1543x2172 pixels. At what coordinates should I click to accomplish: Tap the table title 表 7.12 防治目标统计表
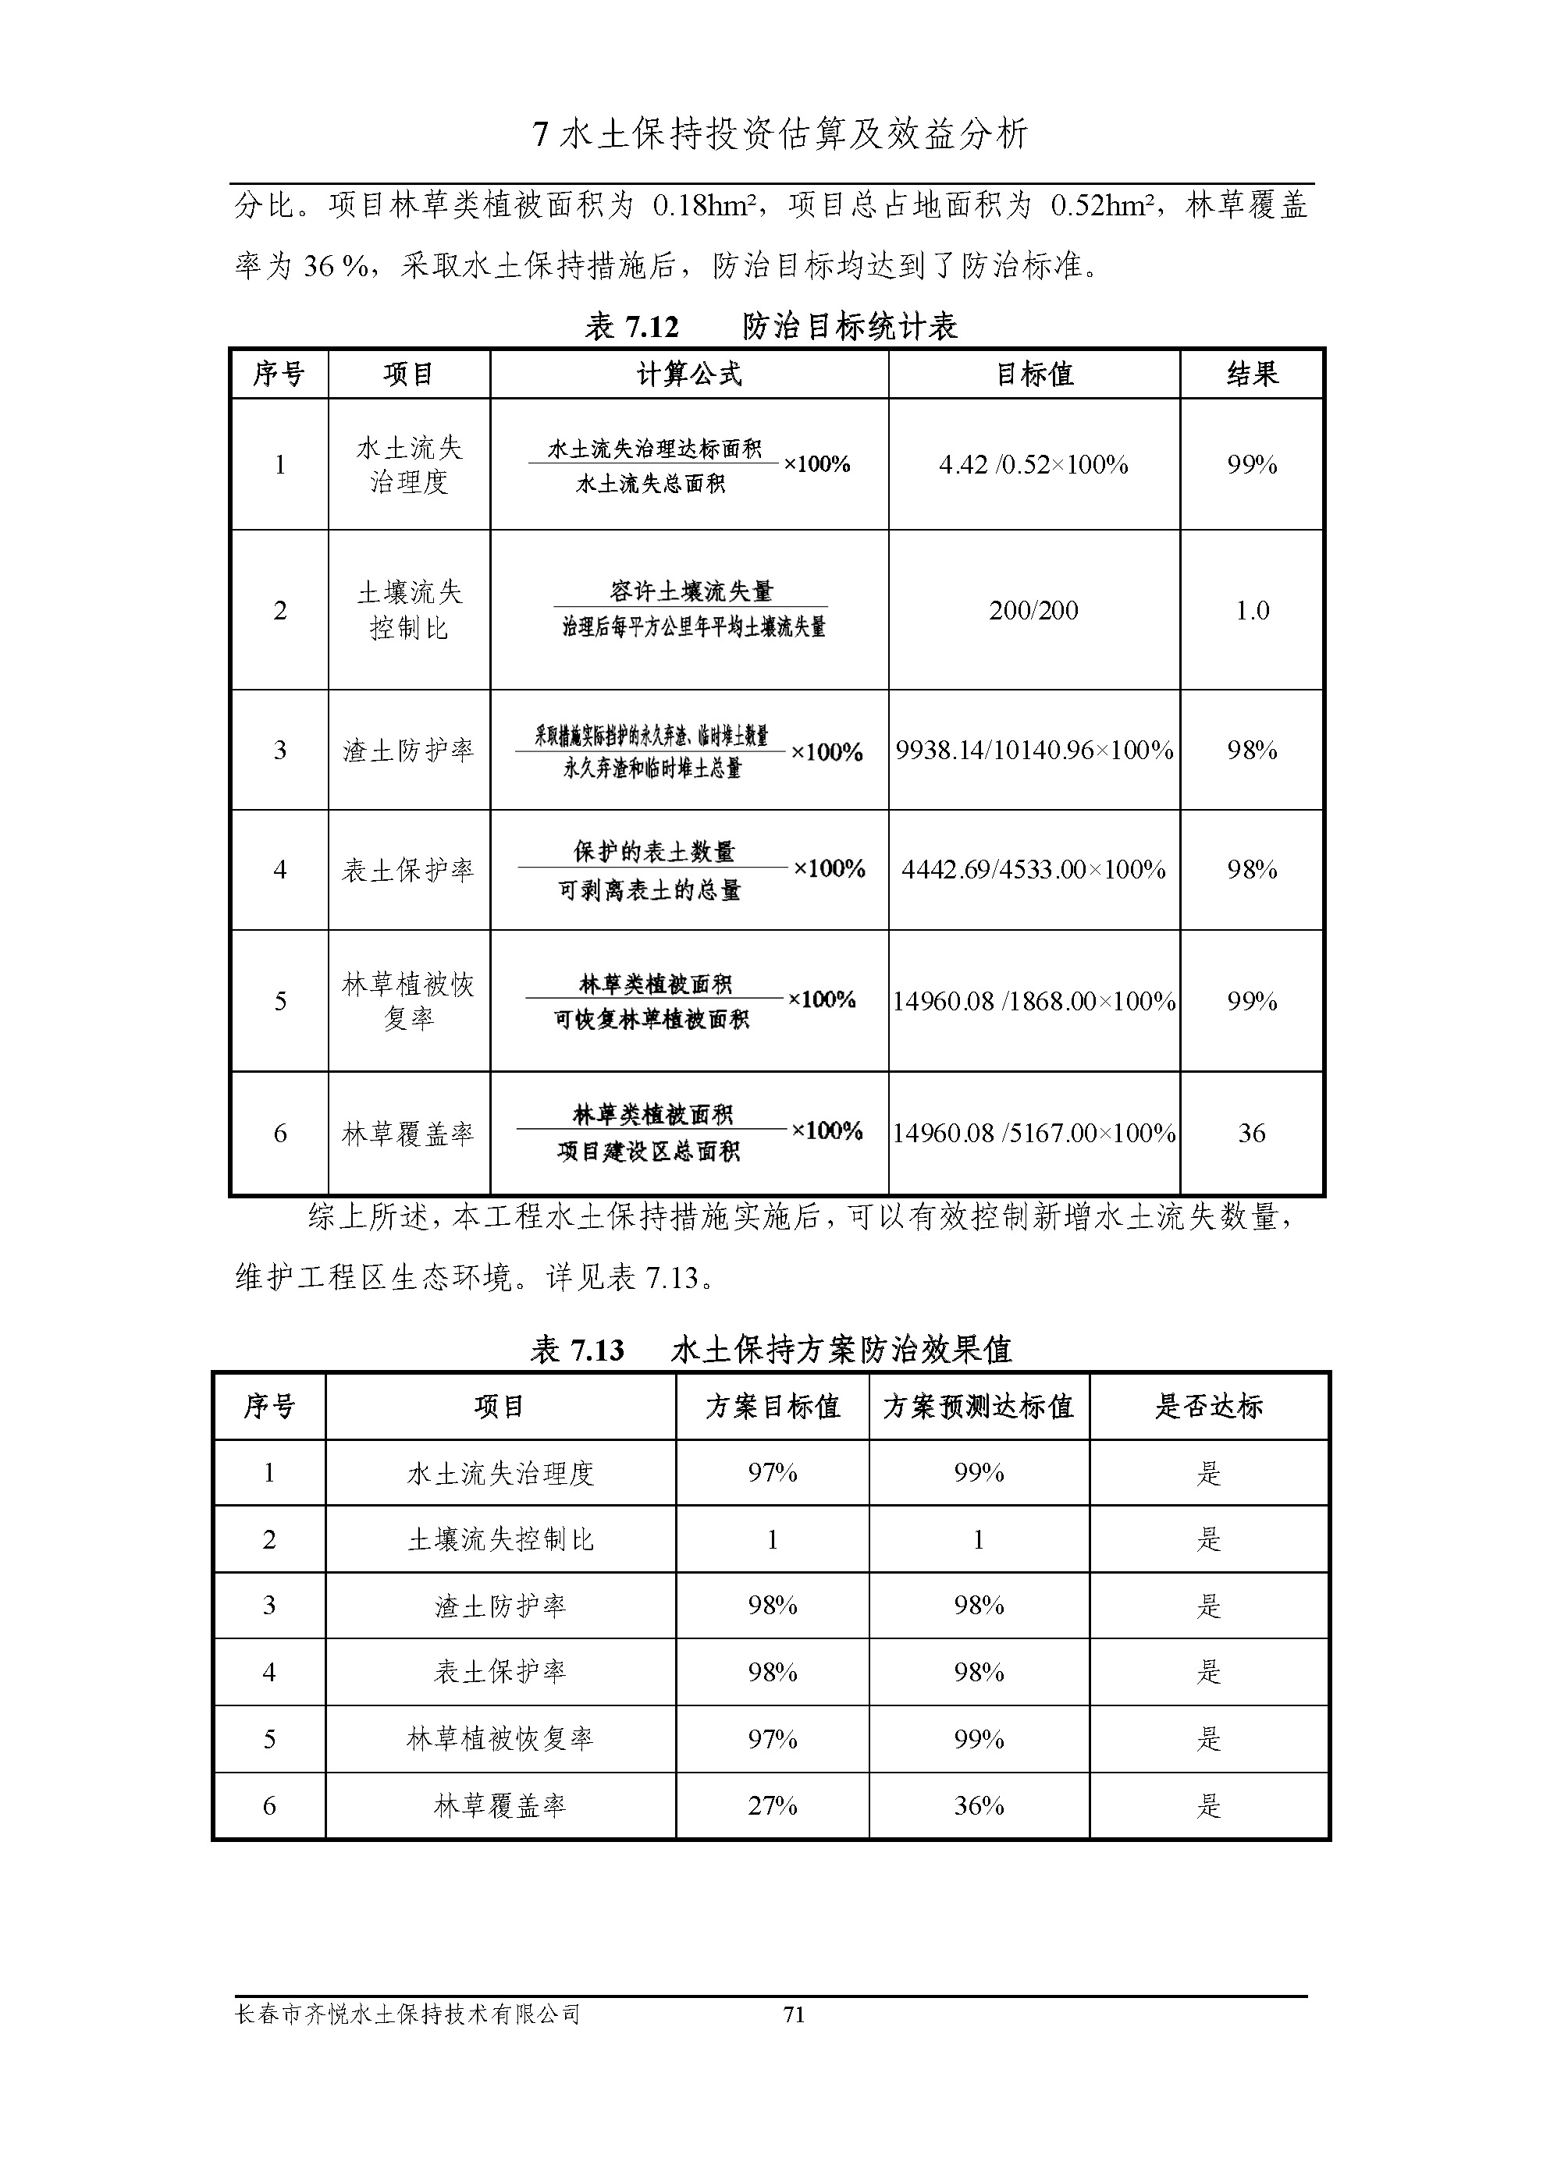click(770, 327)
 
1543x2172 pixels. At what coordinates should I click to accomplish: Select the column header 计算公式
click(689, 374)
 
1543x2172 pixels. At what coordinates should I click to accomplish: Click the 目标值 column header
click(1033, 374)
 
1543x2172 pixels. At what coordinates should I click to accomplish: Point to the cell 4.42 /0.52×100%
click(1033, 464)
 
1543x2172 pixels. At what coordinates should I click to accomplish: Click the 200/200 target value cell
click(1033, 610)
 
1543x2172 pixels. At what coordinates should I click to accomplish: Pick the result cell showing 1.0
click(1251, 610)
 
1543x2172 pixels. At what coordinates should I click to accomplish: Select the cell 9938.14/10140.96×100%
click(1033, 751)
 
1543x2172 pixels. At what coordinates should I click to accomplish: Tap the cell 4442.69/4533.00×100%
click(1033, 869)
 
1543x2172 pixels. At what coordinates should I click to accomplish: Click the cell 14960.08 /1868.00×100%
click(1033, 1001)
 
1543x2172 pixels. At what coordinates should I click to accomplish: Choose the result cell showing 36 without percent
click(1251, 1133)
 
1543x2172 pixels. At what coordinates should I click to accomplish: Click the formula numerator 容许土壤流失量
click(691, 591)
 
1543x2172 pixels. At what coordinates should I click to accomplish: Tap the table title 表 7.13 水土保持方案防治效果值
click(770, 1350)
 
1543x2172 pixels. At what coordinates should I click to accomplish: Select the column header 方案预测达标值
click(978, 1407)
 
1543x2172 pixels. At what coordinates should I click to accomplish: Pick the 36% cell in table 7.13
click(979, 1805)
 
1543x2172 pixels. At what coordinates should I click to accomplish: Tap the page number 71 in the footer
click(793, 2014)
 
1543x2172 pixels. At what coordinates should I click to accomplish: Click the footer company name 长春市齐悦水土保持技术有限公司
click(407, 2014)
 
